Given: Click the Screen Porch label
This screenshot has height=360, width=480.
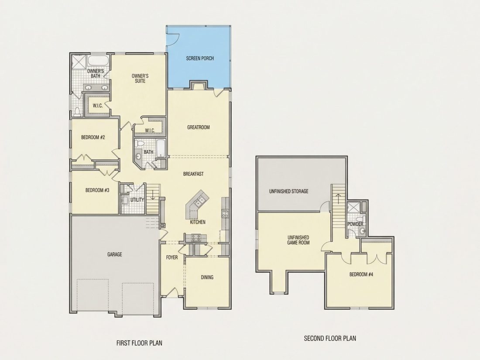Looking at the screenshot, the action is click(x=200, y=58).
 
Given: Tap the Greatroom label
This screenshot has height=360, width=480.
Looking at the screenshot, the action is click(x=199, y=127).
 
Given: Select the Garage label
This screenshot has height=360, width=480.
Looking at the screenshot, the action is click(x=114, y=254).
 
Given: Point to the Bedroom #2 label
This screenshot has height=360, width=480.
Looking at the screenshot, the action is click(x=93, y=137).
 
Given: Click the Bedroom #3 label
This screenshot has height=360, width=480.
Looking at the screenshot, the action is click(x=97, y=190).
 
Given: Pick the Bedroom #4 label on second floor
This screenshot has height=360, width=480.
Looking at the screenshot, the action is click(x=361, y=274).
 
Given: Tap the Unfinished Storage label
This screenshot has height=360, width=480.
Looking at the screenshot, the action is click(x=289, y=191).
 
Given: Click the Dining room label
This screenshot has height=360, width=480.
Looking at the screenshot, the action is click(x=207, y=278).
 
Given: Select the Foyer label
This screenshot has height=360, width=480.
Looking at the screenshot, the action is click(x=172, y=257).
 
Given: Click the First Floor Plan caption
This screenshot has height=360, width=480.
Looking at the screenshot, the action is click(x=139, y=343).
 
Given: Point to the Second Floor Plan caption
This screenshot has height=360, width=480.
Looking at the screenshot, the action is click(x=330, y=338).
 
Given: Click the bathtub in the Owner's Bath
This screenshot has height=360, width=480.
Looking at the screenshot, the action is click(x=98, y=61).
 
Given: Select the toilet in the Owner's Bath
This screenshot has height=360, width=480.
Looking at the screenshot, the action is click(x=77, y=112).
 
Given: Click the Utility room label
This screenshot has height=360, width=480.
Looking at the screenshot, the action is click(x=137, y=199).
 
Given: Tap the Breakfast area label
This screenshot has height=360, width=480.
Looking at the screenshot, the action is click(x=193, y=174).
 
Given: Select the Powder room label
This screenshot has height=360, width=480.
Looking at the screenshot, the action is click(x=355, y=224).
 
